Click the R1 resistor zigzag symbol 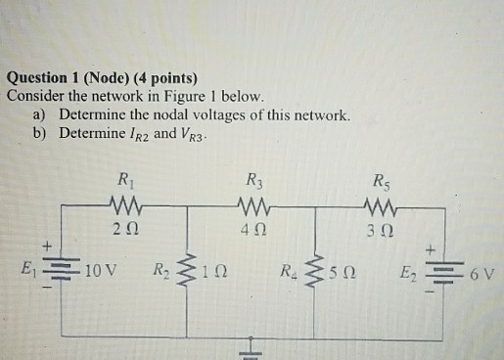(x=126, y=206)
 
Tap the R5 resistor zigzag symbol (x=379, y=206)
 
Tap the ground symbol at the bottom (x=252, y=346)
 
